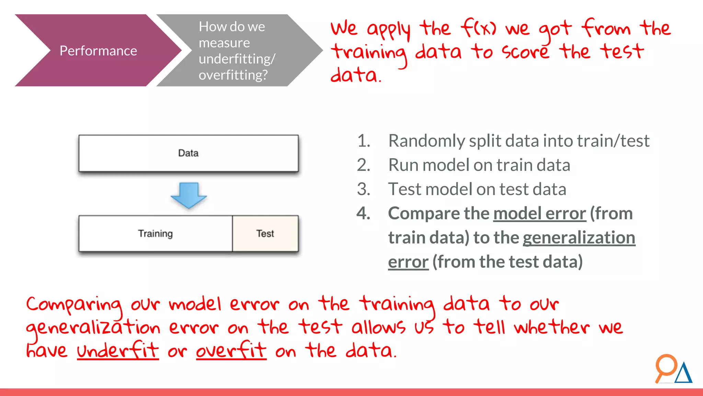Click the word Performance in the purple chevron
coord(98,51)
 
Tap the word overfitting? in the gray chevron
coord(233,75)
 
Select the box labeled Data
coord(188,153)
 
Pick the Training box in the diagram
coord(155,234)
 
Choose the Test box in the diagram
coord(265,234)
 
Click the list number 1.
coord(363,141)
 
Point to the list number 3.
coord(363,189)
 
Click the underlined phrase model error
coord(539,213)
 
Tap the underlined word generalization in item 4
coord(579,238)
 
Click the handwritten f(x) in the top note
coord(478,28)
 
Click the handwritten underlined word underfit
coord(118,351)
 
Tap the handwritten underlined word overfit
coord(231,351)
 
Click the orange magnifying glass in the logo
coord(666,366)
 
